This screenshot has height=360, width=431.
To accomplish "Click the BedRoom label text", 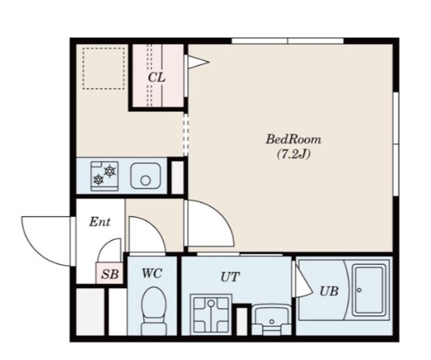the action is tap(294, 139).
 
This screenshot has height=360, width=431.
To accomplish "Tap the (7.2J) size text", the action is tap(294, 155).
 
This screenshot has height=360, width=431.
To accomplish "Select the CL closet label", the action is tap(157, 77).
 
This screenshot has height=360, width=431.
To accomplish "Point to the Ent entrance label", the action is tap(100, 222).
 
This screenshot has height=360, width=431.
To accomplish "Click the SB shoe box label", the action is tap(110, 274).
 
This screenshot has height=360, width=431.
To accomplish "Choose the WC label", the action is tap(152, 273).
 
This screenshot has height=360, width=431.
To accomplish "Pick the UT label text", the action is tap(230, 277).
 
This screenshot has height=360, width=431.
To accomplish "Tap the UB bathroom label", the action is tap(329, 291).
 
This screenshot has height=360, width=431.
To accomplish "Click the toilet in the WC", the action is tap(154, 311).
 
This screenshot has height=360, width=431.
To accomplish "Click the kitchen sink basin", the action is tap(145, 175).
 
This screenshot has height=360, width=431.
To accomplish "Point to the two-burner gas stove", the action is tap(104, 176).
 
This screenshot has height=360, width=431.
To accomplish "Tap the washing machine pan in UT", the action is tap(211, 314).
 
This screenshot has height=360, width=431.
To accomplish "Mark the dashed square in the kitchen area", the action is tap(104, 69).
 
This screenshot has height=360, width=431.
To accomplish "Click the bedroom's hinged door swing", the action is tap(211, 222).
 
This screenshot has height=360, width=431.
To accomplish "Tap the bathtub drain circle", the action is tap(359, 290).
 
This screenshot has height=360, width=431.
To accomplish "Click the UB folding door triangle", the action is tap(302, 279).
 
